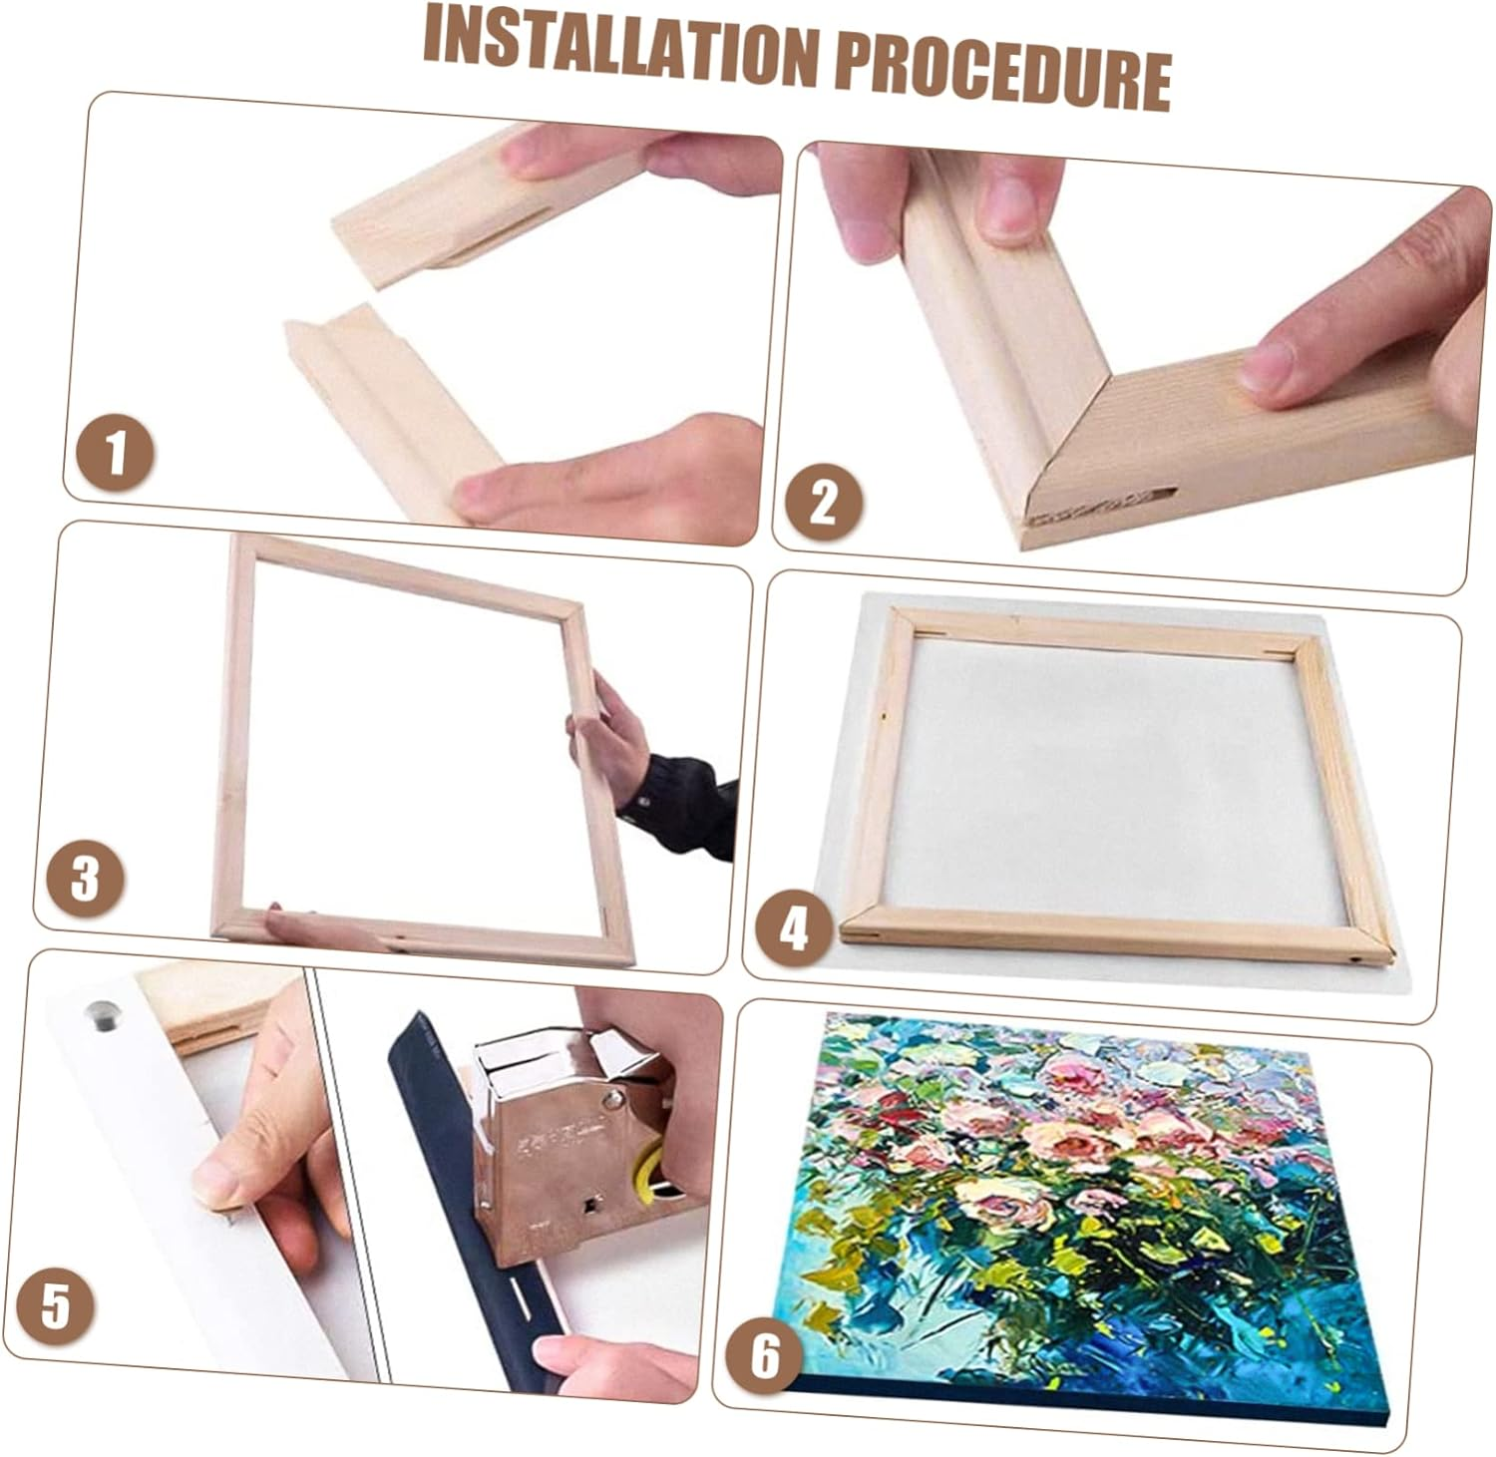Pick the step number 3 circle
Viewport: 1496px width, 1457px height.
[86, 878]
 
